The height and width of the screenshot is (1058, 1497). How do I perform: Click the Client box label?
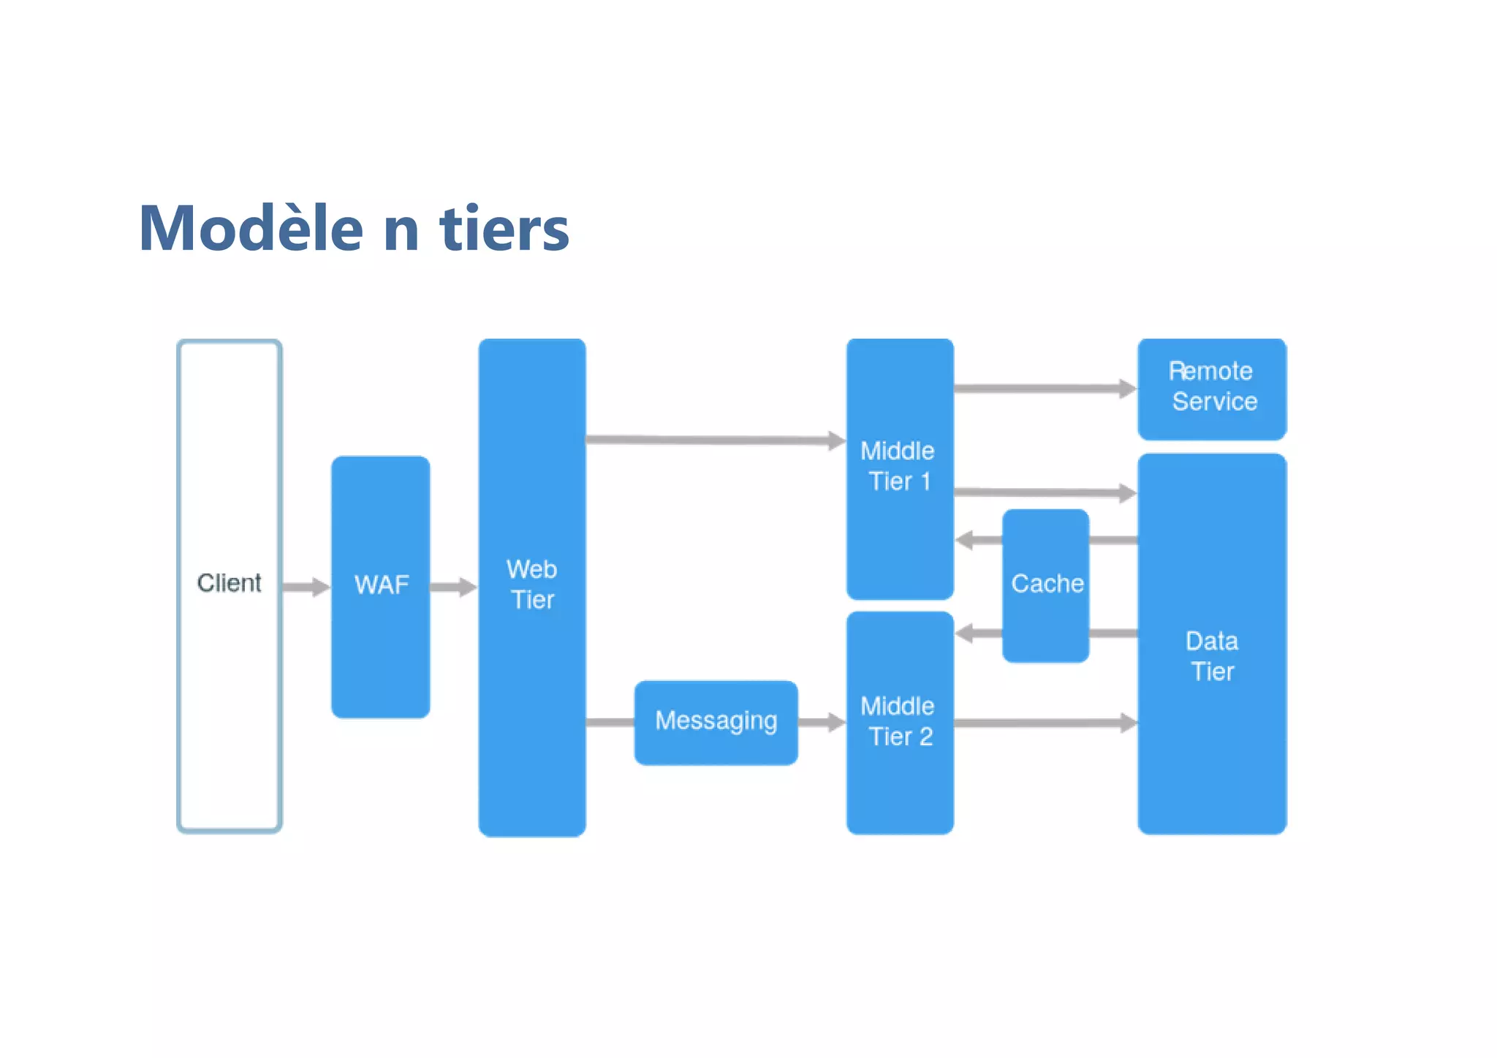[229, 583]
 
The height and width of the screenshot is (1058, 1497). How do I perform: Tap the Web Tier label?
[532, 585]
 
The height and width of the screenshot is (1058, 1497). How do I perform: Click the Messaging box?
[716, 721]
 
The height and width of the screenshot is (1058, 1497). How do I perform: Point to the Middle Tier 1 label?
[898, 466]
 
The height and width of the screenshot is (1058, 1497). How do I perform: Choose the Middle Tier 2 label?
[899, 721]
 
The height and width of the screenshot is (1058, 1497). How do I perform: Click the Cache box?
[1046, 584]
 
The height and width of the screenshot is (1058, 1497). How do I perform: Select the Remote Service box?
[1212, 387]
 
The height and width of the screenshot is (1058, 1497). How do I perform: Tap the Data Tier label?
[1212, 656]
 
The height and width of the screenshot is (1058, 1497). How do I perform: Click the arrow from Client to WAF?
[306, 587]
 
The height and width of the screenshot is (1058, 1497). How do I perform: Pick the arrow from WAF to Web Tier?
[453, 587]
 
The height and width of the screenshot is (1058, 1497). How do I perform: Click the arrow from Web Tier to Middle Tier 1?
[715, 440]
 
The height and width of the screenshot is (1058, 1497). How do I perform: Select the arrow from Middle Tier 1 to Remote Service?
[1044, 389]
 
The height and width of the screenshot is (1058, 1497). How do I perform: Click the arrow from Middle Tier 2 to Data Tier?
[1045, 723]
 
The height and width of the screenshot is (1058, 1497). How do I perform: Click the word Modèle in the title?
[251, 229]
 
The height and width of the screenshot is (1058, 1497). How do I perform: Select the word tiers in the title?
[504, 229]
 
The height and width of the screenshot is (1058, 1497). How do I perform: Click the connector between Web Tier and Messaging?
[610, 723]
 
